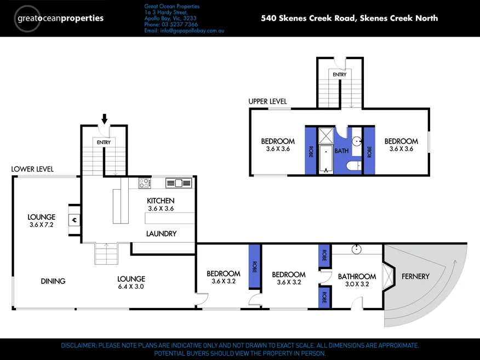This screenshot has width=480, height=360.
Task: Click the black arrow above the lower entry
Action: [x=105, y=119]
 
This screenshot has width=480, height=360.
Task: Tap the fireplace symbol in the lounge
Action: [x=74, y=220]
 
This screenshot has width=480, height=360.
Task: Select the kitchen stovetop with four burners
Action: [x=145, y=183]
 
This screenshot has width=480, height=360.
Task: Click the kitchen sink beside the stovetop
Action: [x=179, y=183]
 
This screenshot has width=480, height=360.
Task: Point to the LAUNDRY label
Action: [x=161, y=234]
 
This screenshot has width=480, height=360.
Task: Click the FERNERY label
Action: [x=415, y=276]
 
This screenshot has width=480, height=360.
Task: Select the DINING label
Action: [x=53, y=281]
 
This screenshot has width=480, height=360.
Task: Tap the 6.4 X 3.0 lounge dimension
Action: [x=131, y=287]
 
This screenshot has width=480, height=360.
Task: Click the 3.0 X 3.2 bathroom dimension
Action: [x=357, y=284]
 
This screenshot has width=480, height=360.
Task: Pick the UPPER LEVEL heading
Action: [x=267, y=101]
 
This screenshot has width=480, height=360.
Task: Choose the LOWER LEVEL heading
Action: [x=32, y=169]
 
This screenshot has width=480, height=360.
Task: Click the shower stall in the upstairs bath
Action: [x=326, y=135]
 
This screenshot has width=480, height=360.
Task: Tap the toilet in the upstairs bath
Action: [x=354, y=165]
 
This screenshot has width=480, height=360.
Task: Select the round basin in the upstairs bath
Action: [x=357, y=141]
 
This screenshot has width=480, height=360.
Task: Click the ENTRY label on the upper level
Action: [x=340, y=75]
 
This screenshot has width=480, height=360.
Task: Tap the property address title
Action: [x=349, y=18]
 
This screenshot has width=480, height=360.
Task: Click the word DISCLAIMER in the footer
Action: [x=79, y=346]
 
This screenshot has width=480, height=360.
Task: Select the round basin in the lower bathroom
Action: [x=357, y=249]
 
